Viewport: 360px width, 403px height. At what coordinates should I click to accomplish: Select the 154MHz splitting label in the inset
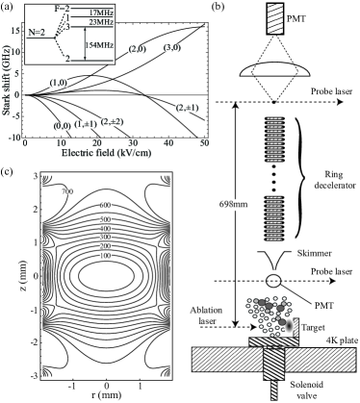[100, 45]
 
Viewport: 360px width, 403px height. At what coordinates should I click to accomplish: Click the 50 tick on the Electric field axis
[204, 142]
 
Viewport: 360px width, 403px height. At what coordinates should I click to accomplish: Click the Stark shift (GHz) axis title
[8, 80]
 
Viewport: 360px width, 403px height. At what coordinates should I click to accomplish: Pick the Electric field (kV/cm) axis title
[108, 153]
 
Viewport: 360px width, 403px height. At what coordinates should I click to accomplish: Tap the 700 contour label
[67, 191]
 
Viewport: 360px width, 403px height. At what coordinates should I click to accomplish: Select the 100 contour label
[105, 256]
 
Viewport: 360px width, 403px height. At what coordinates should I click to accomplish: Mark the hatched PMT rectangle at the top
[274, 18]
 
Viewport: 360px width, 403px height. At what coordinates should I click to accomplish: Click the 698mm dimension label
[234, 204]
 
